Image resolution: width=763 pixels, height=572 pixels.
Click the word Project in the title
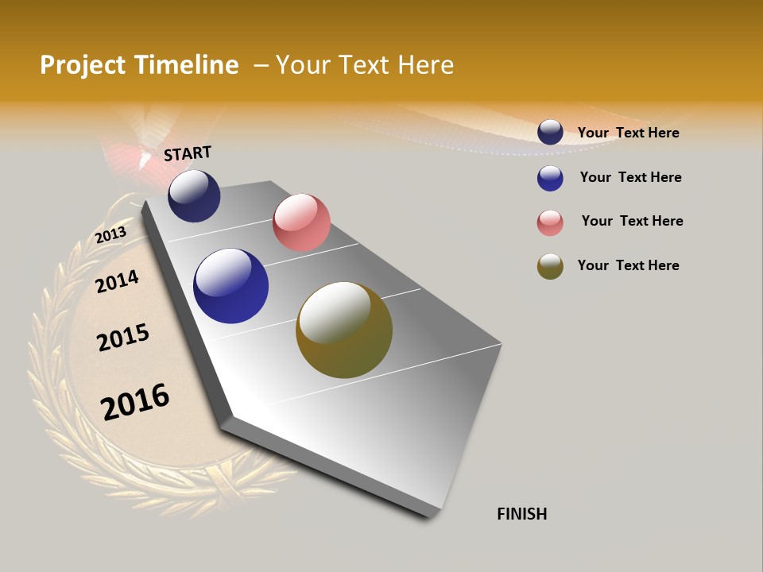click(83, 65)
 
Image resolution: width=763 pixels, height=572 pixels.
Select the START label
click(188, 153)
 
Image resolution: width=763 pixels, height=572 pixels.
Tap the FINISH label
click(522, 514)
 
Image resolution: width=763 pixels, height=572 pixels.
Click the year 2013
click(110, 235)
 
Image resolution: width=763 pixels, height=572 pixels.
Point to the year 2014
click(118, 281)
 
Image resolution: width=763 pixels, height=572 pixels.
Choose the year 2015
click(123, 338)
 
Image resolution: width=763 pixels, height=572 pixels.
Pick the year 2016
click(135, 402)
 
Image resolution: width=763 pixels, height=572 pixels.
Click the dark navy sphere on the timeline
click(194, 196)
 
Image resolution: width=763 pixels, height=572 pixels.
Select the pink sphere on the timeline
click(301, 222)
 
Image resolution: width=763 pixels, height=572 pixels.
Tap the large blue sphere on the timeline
click(230, 286)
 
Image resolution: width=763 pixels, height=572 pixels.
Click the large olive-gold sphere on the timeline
click(344, 330)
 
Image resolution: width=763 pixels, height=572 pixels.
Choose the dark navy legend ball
click(550, 133)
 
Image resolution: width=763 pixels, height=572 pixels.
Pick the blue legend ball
click(550, 178)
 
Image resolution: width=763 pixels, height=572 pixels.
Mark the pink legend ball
click(550, 222)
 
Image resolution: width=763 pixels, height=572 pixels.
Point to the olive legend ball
click(550, 266)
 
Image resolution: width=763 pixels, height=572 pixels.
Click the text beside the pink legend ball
click(632, 221)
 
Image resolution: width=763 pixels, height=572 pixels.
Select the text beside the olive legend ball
click(629, 265)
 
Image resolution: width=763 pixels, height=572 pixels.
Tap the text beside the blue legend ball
click(630, 177)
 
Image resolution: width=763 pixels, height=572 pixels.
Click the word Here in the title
click(425, 65)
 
